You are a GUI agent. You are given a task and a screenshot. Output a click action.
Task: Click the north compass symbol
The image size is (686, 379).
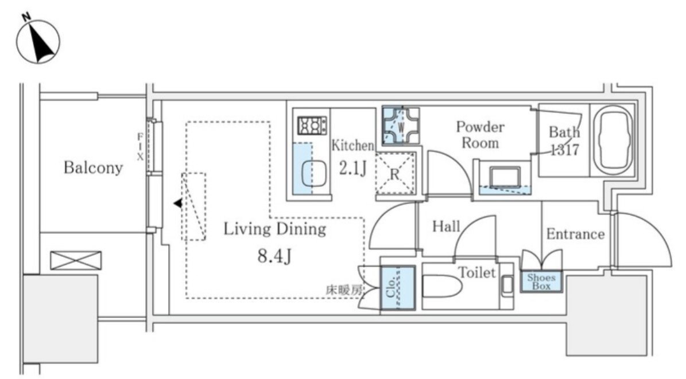(x=38, y=40)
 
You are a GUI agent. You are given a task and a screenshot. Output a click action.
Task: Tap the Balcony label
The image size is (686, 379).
(x=93, y=167)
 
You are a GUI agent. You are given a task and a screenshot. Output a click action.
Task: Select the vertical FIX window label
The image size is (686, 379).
(x=140, y=147)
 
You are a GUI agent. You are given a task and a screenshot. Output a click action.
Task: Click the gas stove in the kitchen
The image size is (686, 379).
(x=312, y=126)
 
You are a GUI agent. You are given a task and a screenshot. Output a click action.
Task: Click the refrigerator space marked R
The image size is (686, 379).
(x=395, y=174)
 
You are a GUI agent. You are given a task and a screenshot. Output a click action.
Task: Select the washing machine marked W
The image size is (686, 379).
(x=401, y=126)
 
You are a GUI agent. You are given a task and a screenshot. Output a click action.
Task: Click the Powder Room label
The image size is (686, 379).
(x=480, y=135)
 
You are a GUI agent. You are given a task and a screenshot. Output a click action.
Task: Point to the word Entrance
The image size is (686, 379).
(x=575, y=234)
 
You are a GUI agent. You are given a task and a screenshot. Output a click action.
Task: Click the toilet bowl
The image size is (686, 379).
(x=442, y=287)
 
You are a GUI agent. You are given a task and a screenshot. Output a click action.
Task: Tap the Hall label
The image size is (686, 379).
(x=446, y=226)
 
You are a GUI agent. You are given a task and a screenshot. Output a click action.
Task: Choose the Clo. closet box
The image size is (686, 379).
(x=398, y=287)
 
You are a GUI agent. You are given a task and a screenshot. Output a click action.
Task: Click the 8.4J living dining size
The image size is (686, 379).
(x=274, y=256)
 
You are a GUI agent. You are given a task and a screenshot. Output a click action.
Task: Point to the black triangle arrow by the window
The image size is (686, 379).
(x=177, y=203)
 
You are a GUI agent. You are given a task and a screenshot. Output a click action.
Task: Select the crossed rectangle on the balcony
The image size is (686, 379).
(x=76, y=260)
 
